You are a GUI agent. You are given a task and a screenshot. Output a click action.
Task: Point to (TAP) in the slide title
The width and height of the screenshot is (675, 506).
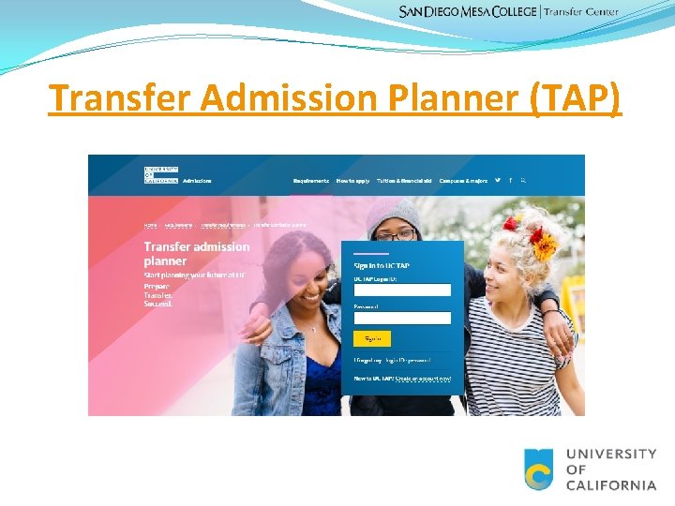tap(574, 97)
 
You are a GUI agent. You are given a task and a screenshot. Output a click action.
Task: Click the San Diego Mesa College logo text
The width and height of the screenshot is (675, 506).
tap(468, 11)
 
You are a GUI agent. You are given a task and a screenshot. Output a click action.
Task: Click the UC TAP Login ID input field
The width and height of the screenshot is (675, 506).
tap(402, 290)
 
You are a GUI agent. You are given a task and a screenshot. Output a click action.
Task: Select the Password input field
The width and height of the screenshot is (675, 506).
tap(402, 318)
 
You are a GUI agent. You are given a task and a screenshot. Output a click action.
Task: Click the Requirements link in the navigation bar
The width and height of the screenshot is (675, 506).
tap(311, 180)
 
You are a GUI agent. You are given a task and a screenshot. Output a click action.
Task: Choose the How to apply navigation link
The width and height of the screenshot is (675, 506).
tap(352, 180)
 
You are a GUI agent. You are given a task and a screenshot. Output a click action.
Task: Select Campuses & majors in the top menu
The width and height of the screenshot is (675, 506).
tap(463, 180)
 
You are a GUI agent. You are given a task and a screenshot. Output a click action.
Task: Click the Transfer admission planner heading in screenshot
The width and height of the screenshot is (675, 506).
tap(197, 253)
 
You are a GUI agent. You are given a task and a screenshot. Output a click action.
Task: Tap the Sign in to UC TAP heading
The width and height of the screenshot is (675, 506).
tap(382, 266)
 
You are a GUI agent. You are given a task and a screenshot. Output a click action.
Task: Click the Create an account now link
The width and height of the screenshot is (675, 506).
tap(423, 379)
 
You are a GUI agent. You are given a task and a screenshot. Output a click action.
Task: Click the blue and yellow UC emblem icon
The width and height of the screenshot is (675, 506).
tap(539, 469)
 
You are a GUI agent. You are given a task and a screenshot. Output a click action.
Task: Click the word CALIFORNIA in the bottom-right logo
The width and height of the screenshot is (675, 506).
tap(611, 484)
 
